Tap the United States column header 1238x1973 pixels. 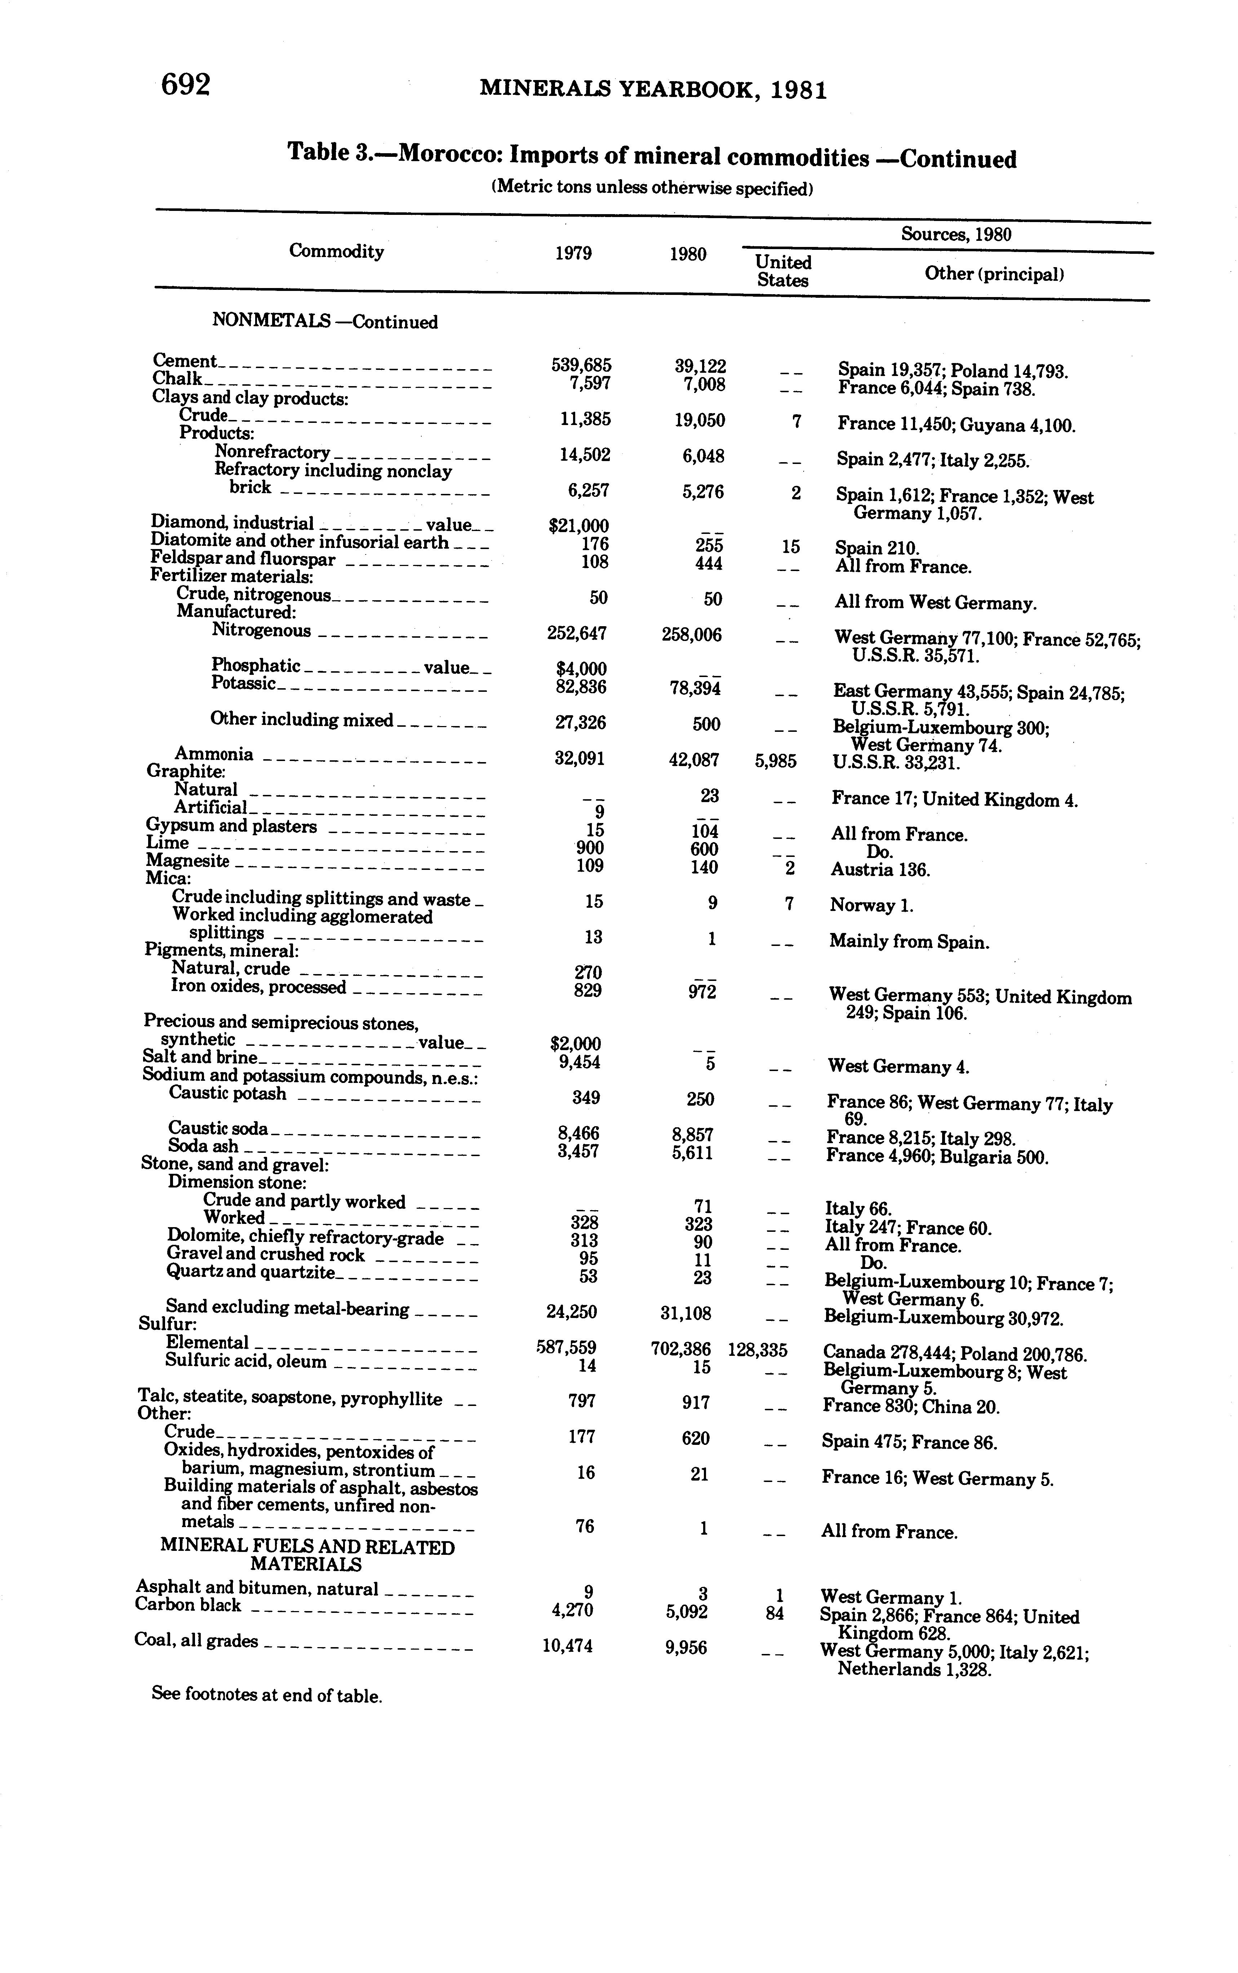coord(783,271)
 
